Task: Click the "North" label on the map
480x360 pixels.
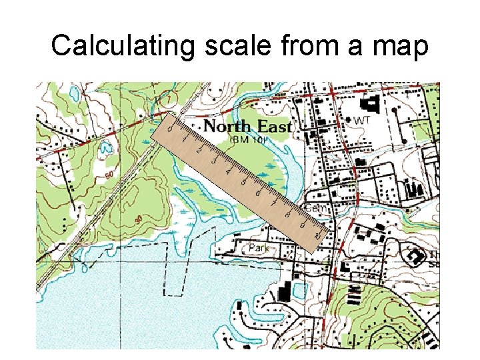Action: (x=227, y=126)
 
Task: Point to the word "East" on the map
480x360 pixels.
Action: (x=273, y=126)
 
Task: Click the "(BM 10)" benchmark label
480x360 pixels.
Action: (x=248, y=140)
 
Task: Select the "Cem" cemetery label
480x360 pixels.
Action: (x=319, y=209)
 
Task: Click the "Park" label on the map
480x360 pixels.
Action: (x=258, y=249)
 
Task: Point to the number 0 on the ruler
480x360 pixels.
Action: (x=170, y=129)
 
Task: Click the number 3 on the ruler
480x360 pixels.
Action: (x=214, y=161)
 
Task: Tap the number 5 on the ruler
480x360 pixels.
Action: (x=243, y=183)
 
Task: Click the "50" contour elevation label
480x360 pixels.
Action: (x=108, y=175)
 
